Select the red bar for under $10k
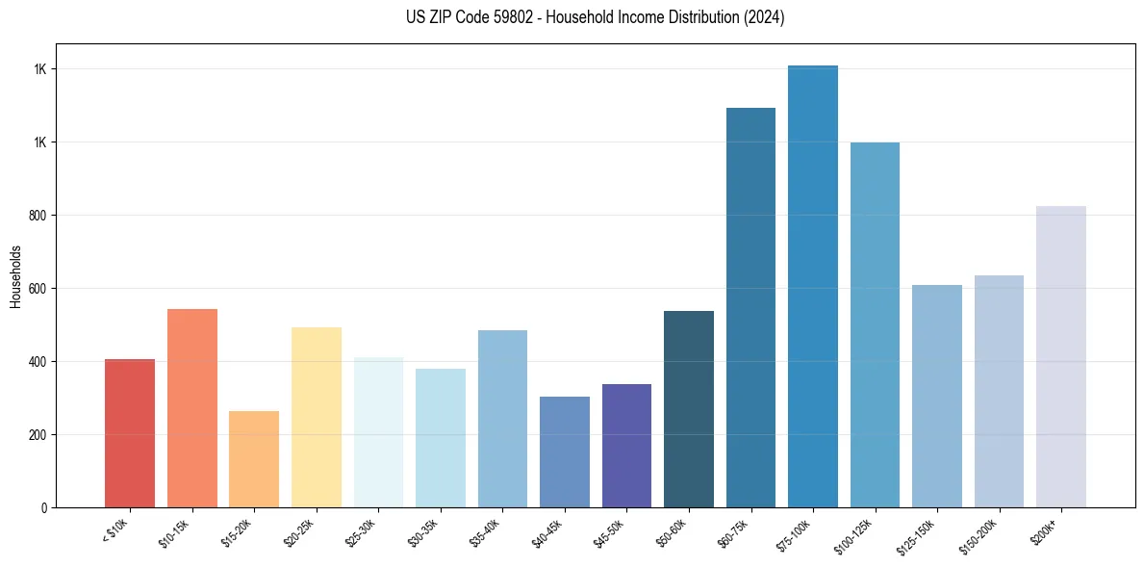pyautogui.click(x=130, y=433)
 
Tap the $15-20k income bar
pyautogui.click(x=254, y=459)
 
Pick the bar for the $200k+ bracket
pyautogui.click(x=1060, y=356)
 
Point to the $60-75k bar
pyautogui.click(x=750, y=307)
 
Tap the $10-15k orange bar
pyautogui.click(x=191, y=408)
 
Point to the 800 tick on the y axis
pyautogui.click(x=38, y=216)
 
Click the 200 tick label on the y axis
pyautogui.click(x=38, y=435)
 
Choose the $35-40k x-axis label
pyautogui.click(x=488, y=532)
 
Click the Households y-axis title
pyautogui.click(x=15, y=276)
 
